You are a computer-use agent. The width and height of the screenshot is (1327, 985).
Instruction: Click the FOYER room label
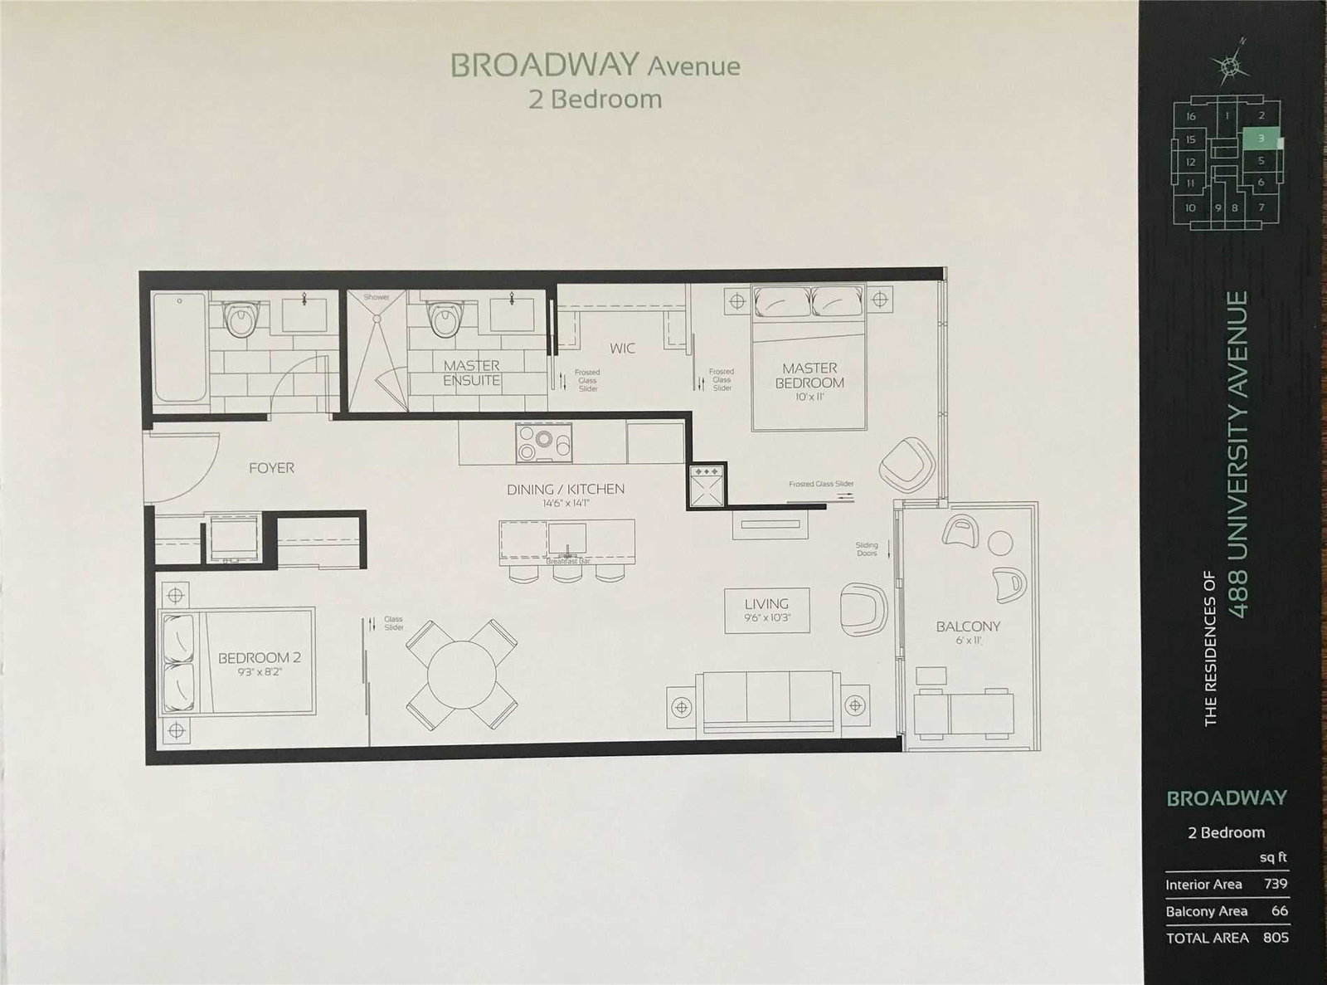(x=271, y=468)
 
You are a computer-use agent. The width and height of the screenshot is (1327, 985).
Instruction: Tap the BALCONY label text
(x=968, y=627)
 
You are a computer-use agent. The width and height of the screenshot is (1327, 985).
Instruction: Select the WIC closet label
(x=622, y=349)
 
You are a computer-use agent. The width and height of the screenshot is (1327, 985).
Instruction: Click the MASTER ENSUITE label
(x=471, y=373)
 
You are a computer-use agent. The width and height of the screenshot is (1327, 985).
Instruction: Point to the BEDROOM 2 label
(x=259, y=658)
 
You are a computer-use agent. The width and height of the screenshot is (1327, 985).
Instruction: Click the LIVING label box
(x=766, y=610)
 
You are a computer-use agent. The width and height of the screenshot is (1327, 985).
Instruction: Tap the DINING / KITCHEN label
(x=566, y=490)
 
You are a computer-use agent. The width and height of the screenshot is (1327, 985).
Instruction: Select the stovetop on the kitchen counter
(x=544, y=441)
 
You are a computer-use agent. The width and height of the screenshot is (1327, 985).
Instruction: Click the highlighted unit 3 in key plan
(x=1261, y=139)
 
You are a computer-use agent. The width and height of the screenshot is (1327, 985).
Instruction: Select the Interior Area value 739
(x=1276, y=884)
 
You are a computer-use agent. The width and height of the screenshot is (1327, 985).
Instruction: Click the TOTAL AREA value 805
(x=1276, y=937)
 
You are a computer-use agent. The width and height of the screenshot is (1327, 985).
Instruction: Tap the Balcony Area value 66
(x=1280, y=910)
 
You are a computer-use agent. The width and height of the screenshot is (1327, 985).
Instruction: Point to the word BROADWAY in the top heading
(x=544, y=66)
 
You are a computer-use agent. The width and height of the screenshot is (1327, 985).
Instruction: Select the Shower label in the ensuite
(x=376, y=296)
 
